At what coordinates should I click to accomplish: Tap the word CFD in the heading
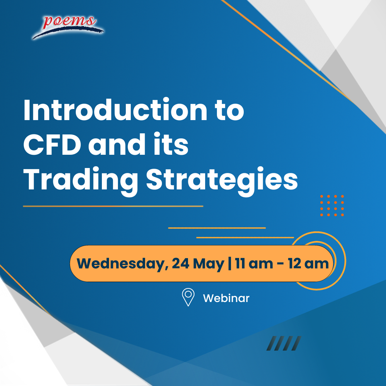(52, 144)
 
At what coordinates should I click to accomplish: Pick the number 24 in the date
(180, 263)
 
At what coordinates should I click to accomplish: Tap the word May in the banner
(209, 264)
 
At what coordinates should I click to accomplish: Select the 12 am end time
(308, 263)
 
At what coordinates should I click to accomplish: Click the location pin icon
(188, 297)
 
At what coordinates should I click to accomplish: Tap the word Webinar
(226, 298)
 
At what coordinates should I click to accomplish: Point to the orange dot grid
(332, 206)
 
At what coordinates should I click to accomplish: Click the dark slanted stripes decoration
(284, 343)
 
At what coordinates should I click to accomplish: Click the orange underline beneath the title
(113, 206)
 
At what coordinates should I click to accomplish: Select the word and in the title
(117, 144)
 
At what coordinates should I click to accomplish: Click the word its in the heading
(171, 144)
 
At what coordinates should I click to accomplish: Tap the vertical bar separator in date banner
(230, 264)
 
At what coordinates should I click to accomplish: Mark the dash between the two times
(281, 264)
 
